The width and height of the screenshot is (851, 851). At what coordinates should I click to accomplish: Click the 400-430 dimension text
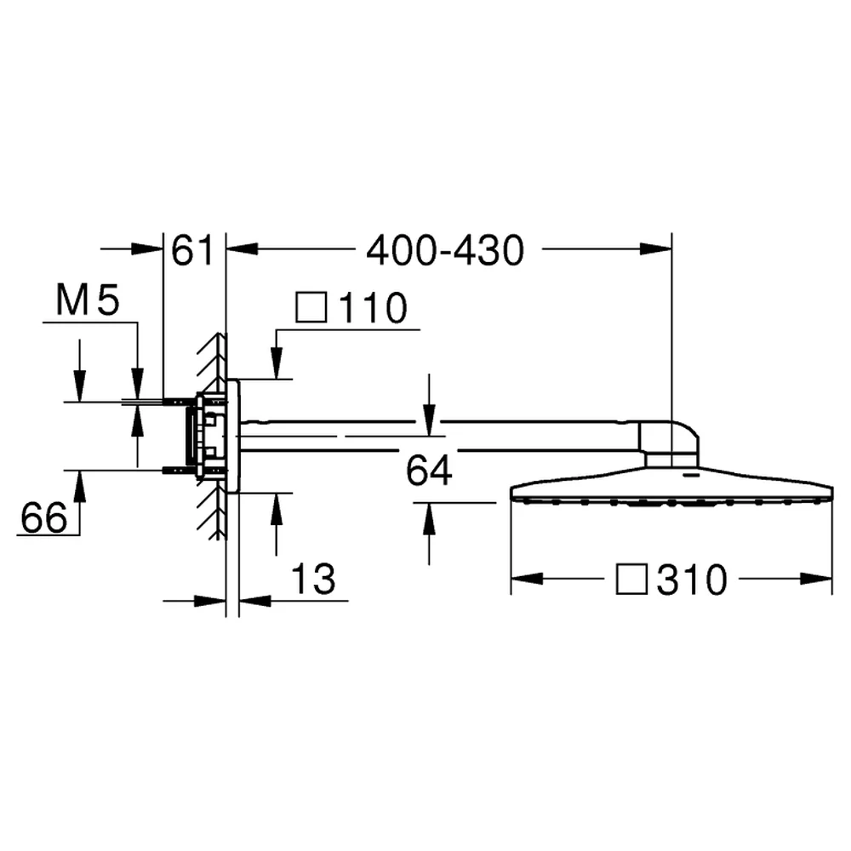[x=445, y=251]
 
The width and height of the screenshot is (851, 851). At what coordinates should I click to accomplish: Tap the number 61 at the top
[x=192, y=251]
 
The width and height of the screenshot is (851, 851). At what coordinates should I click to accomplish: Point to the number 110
[x=373, y=308]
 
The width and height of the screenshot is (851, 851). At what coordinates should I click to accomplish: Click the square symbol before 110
[x=311, y=308]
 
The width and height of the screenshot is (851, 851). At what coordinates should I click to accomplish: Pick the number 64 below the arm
[x=429, y=471]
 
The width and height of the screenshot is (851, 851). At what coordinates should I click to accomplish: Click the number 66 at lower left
[x=44, y=517]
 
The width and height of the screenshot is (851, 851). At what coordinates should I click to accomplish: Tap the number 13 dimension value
[x=313, y=579]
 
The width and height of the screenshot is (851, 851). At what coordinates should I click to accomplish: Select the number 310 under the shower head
[x=691, y=580]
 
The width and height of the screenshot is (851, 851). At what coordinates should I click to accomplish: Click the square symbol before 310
[x=631, y=579]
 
